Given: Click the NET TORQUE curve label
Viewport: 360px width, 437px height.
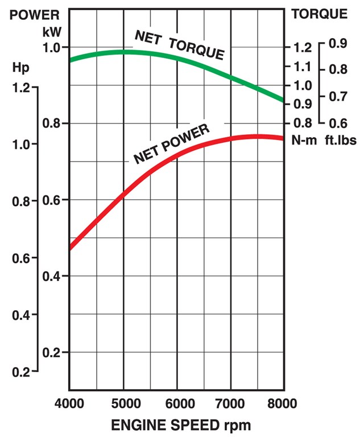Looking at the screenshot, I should [x=179, y=46].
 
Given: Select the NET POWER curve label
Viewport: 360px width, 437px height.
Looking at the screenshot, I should [x=172, y=144].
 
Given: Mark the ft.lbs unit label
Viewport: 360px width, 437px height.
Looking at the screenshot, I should [x=336, y=141].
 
